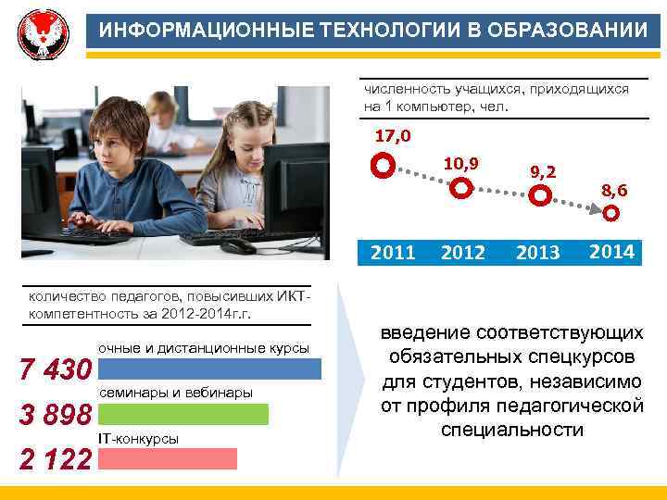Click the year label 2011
click(x=393, y=252)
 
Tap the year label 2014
click(x=611, y=251)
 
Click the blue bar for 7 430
click(x=209, y=369)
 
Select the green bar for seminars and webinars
click(x=182, y=414)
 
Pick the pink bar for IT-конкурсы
click(x=167, y=458)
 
